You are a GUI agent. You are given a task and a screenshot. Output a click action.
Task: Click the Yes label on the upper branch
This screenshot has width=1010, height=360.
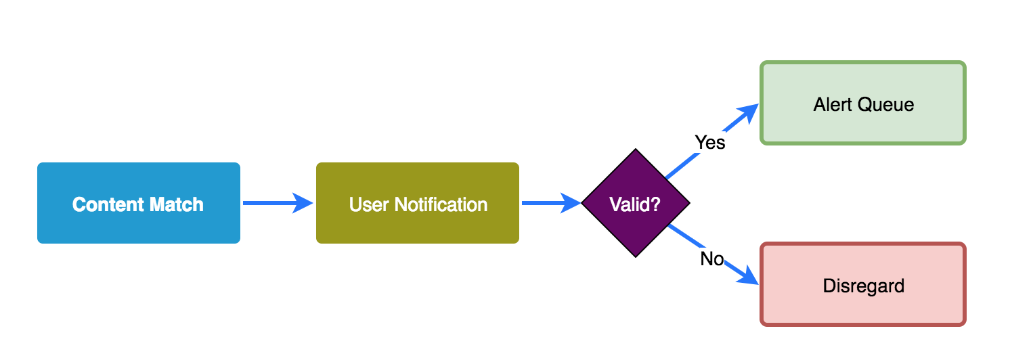[x=710, y=143]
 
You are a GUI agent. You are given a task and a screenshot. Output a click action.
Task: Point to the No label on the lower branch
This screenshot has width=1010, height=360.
[x=712, y=259]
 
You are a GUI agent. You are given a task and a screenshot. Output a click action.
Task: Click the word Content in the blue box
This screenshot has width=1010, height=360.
[x=106, y=204]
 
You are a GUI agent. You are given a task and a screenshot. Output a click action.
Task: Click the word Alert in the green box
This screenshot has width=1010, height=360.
[x=833, y=104]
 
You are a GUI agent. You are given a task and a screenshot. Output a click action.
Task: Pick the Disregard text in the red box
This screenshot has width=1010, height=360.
[x=863, y=286]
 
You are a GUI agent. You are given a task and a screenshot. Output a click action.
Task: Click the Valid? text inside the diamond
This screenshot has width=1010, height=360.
[x=635, y=204]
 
